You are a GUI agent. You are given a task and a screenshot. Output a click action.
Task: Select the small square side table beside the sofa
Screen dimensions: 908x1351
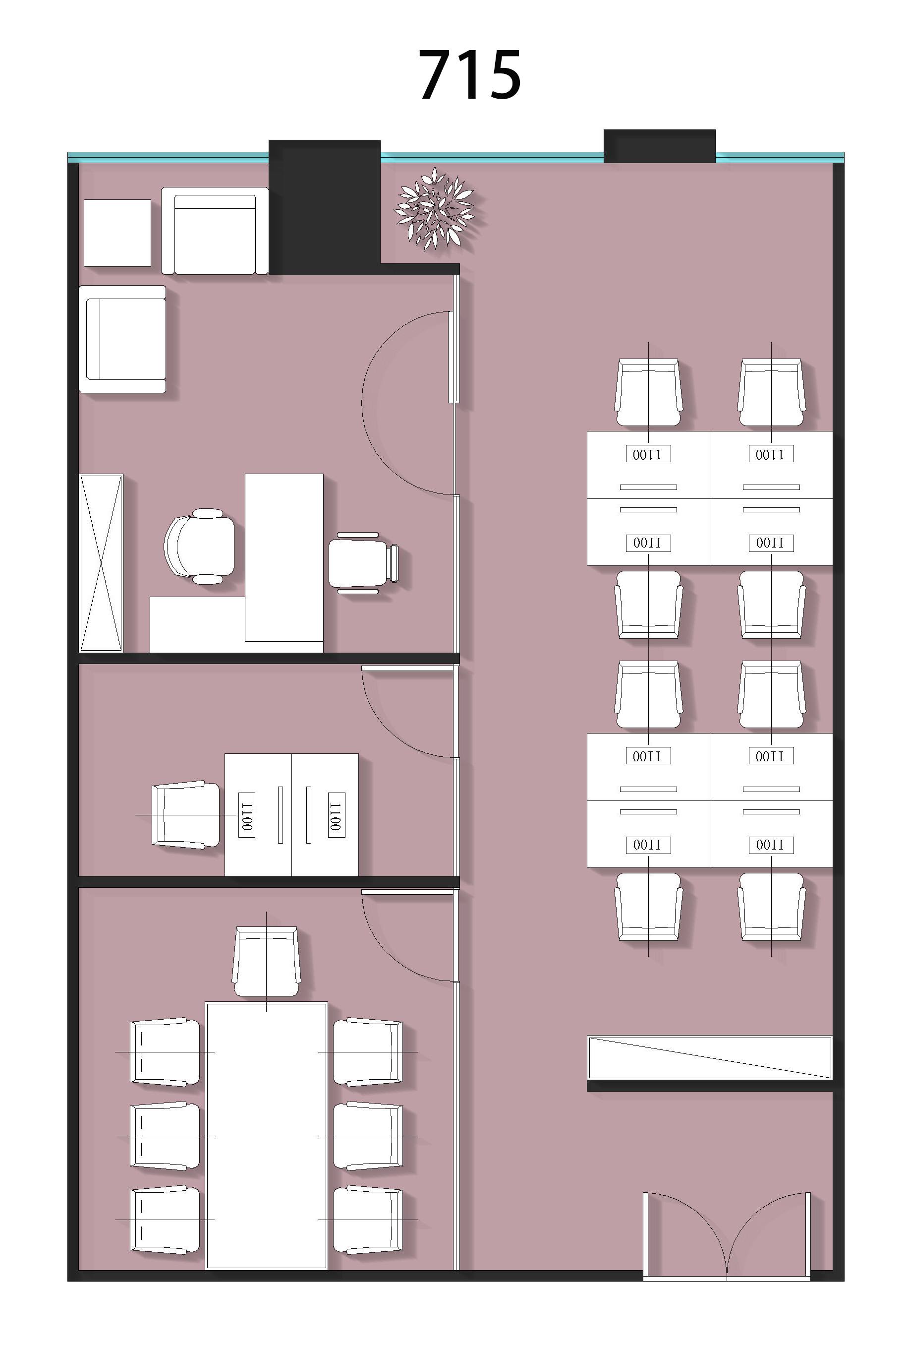click(x=117, y=233)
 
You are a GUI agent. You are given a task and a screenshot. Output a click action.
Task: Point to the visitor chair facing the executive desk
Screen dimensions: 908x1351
click(x=363, y=562)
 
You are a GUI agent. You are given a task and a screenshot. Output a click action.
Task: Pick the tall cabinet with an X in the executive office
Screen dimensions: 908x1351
click(x=101, y=562)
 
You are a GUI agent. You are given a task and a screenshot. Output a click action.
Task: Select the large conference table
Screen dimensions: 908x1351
click(x=266, y=1135)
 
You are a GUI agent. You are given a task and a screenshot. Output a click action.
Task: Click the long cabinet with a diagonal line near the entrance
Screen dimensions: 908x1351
click(x=710, y=1057)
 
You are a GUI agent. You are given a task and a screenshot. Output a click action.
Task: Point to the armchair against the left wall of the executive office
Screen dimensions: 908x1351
click(x=122, y=339)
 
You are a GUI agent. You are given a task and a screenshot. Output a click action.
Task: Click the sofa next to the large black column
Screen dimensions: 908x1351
click(x=215, y=231)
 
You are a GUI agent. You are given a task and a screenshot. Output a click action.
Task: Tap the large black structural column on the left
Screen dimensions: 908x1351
click(x=324, y=207)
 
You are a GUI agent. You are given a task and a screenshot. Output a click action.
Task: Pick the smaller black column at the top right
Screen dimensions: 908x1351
click(x=660, y=146)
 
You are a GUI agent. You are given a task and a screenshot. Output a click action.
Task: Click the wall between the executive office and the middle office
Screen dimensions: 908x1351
click(x=269, y=658)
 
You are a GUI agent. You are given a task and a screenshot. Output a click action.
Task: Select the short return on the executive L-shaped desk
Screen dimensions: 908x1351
click(x=197, y=624)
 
